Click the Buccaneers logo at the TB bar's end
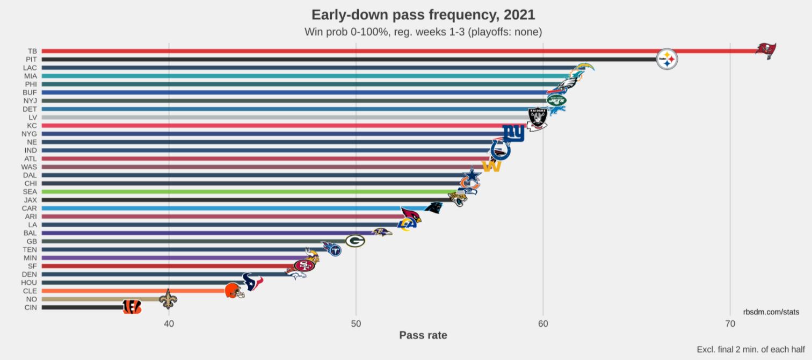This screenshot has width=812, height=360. coord(766,51)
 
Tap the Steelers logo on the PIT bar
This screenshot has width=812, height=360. coord(667,59)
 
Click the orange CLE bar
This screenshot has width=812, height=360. coord(134,291)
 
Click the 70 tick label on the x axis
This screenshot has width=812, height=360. coord(730,323)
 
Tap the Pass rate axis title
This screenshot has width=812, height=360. coord(423,335)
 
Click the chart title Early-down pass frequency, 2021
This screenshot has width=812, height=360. coord(423,15)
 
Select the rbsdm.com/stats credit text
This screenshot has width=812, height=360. coord(771,312)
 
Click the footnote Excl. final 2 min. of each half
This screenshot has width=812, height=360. coord(750,349)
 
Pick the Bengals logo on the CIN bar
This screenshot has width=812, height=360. coord(132,307)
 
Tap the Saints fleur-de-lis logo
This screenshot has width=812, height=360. coord(168,299)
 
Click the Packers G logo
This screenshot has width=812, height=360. coord(355,241)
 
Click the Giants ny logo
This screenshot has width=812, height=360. coord(513,133)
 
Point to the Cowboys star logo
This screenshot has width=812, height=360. coord(471,175)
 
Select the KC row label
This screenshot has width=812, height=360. coord(32,125)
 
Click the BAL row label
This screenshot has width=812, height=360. coord(30,233)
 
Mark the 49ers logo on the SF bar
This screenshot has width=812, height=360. coord(303,265)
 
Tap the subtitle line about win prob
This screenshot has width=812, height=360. coord(423,32)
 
